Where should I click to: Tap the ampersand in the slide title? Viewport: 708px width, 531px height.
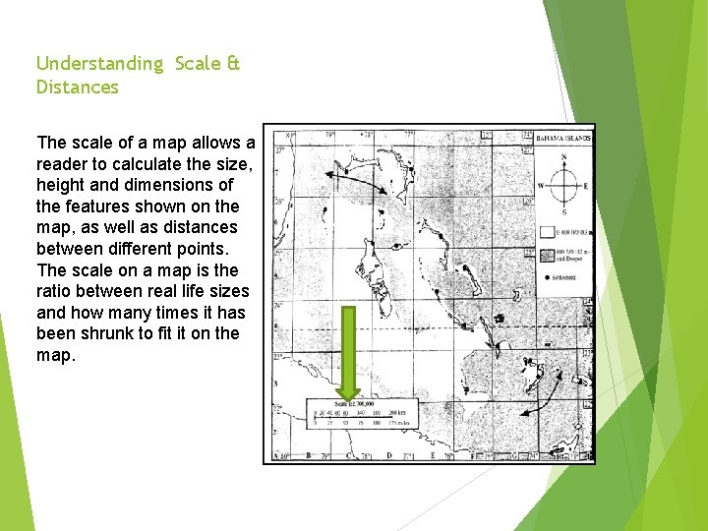click(232, 63)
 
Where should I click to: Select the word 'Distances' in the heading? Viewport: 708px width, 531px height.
click(77, 88)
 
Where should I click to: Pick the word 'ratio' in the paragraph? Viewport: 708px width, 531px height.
click(56, 291)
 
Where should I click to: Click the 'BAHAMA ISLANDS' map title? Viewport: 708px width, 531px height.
click(564, 139)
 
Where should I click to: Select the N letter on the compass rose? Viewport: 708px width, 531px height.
click(563, 157)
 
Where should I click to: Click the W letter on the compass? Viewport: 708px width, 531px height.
click(540, 185)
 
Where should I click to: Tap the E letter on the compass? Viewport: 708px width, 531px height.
click(586, 185)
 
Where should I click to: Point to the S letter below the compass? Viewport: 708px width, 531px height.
click(563, 211)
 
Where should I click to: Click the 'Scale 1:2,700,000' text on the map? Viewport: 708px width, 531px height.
click(357, 404)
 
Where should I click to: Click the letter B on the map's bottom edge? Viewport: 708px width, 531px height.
click(309, 454)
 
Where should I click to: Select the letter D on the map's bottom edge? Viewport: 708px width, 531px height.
click(390, 454)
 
